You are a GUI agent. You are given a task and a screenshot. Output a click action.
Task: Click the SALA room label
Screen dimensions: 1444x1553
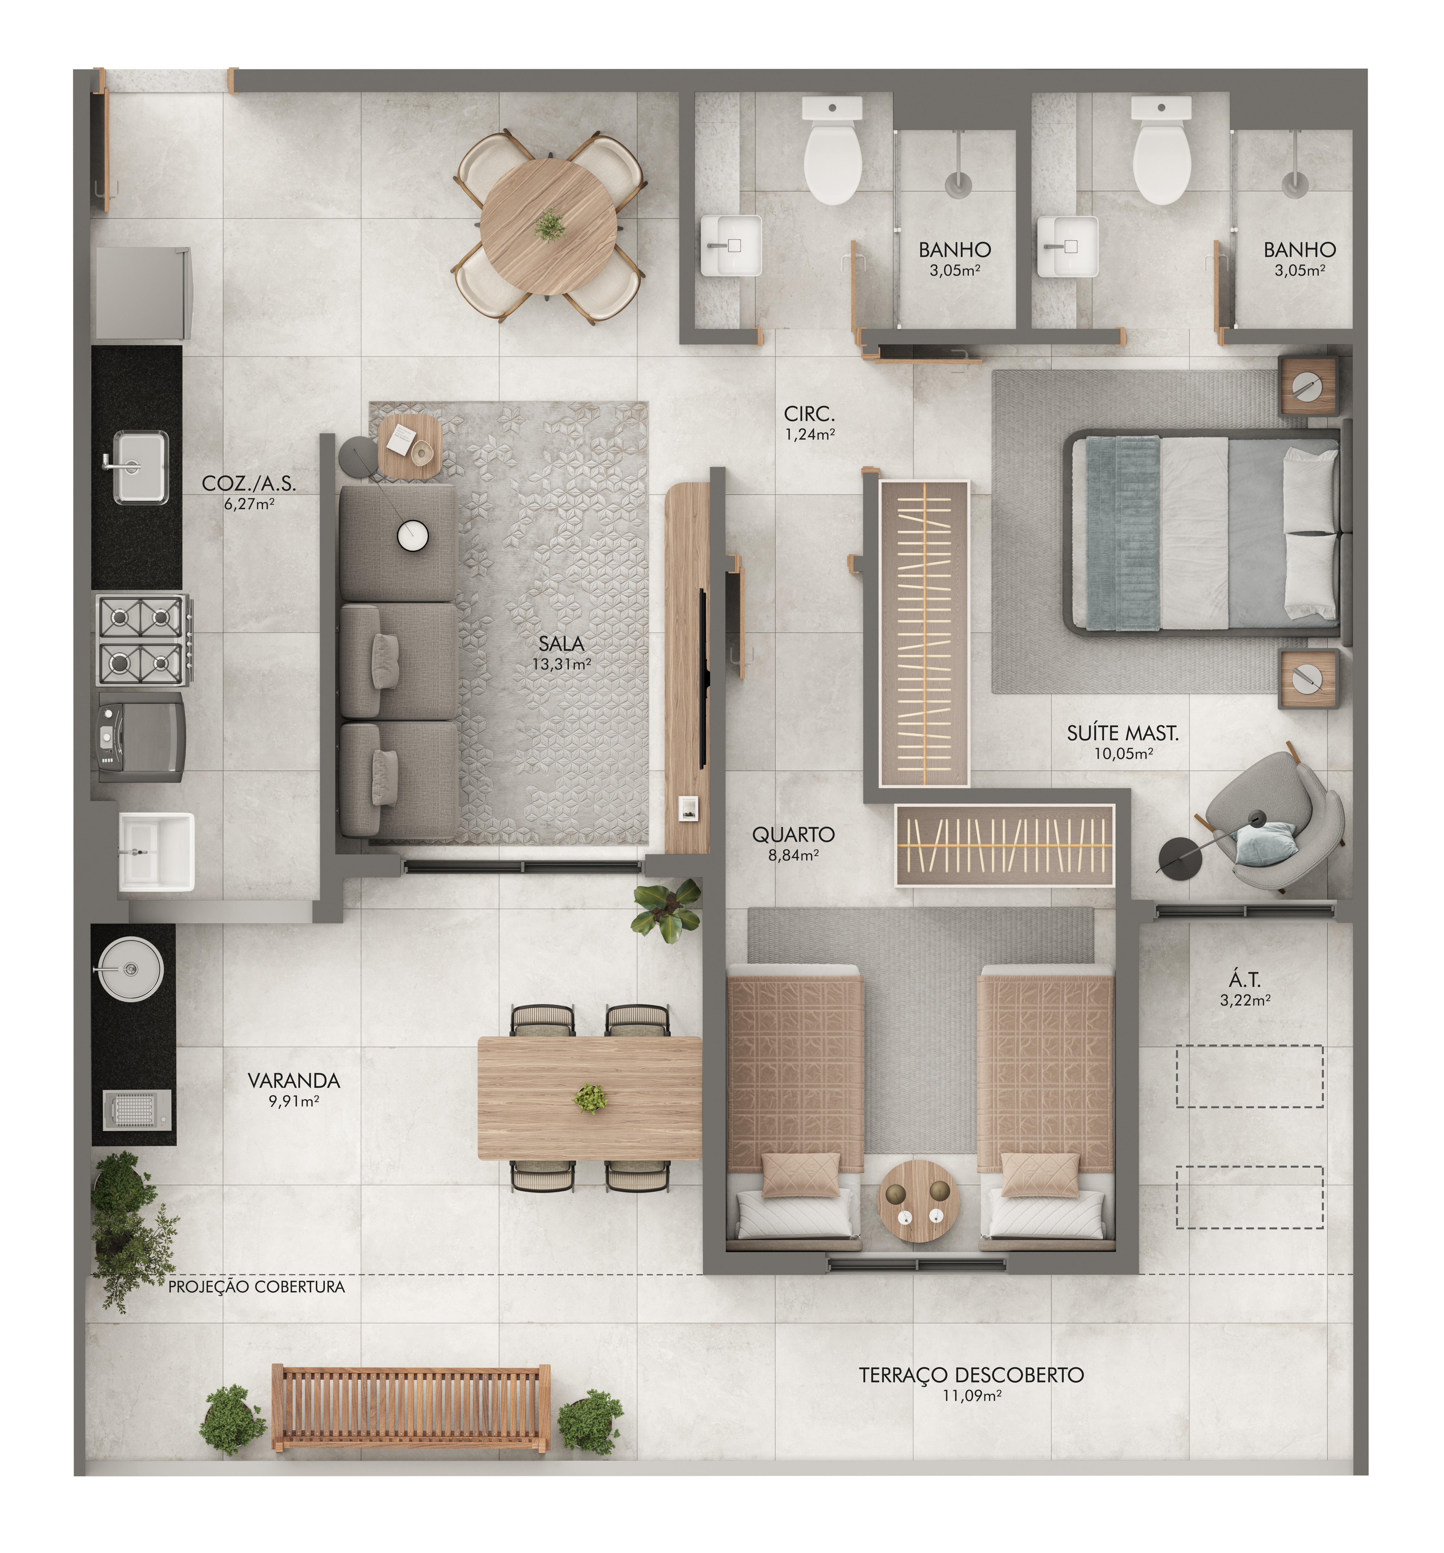561,644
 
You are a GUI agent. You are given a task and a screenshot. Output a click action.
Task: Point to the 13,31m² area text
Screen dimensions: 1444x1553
561,664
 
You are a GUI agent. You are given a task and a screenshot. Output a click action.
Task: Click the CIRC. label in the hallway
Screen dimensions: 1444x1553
809,414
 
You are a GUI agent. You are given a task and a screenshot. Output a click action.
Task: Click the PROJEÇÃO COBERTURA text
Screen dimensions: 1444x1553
256,1287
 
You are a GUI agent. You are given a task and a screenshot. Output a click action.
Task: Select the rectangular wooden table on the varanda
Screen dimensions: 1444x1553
590,1098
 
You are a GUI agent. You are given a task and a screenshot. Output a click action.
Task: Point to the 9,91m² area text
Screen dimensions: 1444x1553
294,1101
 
